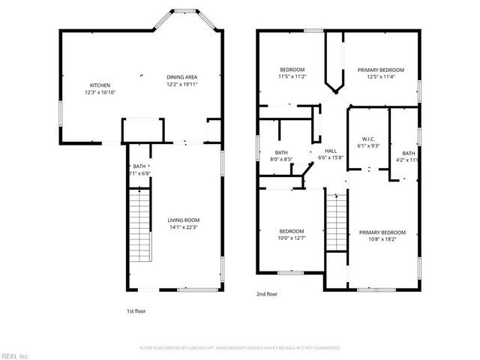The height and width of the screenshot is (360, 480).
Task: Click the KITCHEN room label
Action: pyautogui.click(x=100, y=85)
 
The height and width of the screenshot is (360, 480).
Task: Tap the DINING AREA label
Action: pyautogui.click(x=181, y=77)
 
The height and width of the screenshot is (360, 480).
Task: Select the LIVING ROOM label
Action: pyautogui.click(x=182, y=219)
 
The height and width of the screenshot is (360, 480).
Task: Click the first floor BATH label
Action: pyautogui.click(x=139, y=166)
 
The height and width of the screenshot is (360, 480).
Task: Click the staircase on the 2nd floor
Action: pyautogui.click(x=337, y=225)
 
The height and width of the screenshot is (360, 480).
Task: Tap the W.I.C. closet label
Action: pyautogui.click(x=368, y=138)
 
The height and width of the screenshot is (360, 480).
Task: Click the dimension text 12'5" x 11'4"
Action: pyautogui.click(x=380, y=76)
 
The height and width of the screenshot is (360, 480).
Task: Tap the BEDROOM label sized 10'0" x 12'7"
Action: pyautogui.click(x=292, y=230)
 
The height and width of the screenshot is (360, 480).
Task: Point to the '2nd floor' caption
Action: pyautogui.click(x=266, y=295)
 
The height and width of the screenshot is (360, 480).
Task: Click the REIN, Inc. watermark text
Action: pyautogui.click(x=15, y=355)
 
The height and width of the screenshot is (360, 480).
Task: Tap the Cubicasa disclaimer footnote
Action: pyautogui.click(x=239, y=347)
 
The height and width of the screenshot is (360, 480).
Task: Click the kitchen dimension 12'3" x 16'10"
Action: pyautogui.click(x=100, y=92)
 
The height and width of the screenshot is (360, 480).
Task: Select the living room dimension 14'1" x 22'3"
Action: pyautogui.click(x=182, y=226)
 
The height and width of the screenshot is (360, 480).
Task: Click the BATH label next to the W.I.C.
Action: pyautogui.click(x=408, y=153)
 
